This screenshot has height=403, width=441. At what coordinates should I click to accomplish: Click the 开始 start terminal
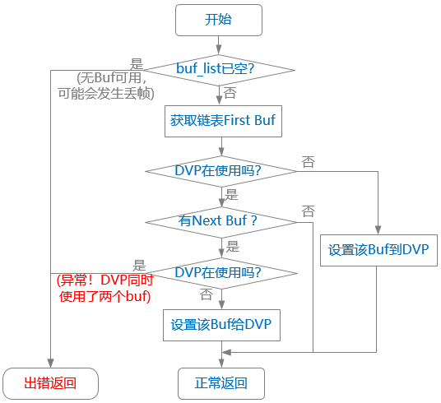coord(219,20)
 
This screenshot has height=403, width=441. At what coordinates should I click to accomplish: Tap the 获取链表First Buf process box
coord(221,120)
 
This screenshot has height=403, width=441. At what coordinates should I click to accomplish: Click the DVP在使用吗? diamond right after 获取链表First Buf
coord(220,170)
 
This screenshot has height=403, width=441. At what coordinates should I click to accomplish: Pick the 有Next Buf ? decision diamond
coord(220,220)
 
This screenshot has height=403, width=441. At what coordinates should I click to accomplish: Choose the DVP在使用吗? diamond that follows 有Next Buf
coord(220,272)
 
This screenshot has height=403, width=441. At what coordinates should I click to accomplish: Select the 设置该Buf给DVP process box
coord(221,324)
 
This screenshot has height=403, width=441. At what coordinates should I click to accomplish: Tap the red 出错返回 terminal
coord(50,382)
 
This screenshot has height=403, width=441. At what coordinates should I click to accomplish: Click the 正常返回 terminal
coord(221,382)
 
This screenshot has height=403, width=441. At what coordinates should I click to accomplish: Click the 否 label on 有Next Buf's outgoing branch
coord(308,211)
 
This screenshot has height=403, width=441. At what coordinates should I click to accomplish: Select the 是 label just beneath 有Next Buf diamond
coord(232,245)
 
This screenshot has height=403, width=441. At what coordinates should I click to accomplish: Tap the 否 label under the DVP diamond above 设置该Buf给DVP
coord(207,294)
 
